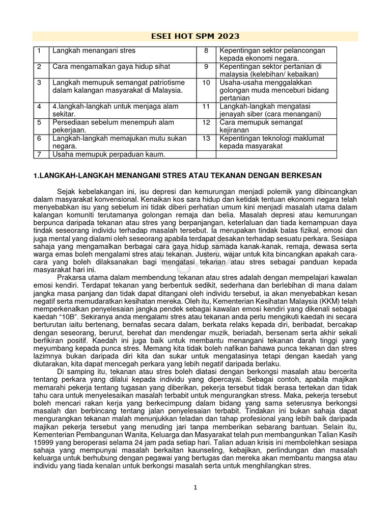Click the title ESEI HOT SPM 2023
pos(195,36)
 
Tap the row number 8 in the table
pos(206,51)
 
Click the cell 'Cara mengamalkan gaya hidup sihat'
pos(111,67)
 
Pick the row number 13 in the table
pos(206,138)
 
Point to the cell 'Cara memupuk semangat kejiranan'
pos(261,126)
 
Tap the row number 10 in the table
pos(206,83)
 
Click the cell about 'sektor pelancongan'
pos(272,55)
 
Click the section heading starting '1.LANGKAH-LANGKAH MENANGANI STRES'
pos(177,176)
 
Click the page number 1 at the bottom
pos(195,488)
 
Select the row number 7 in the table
pos(39,154)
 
